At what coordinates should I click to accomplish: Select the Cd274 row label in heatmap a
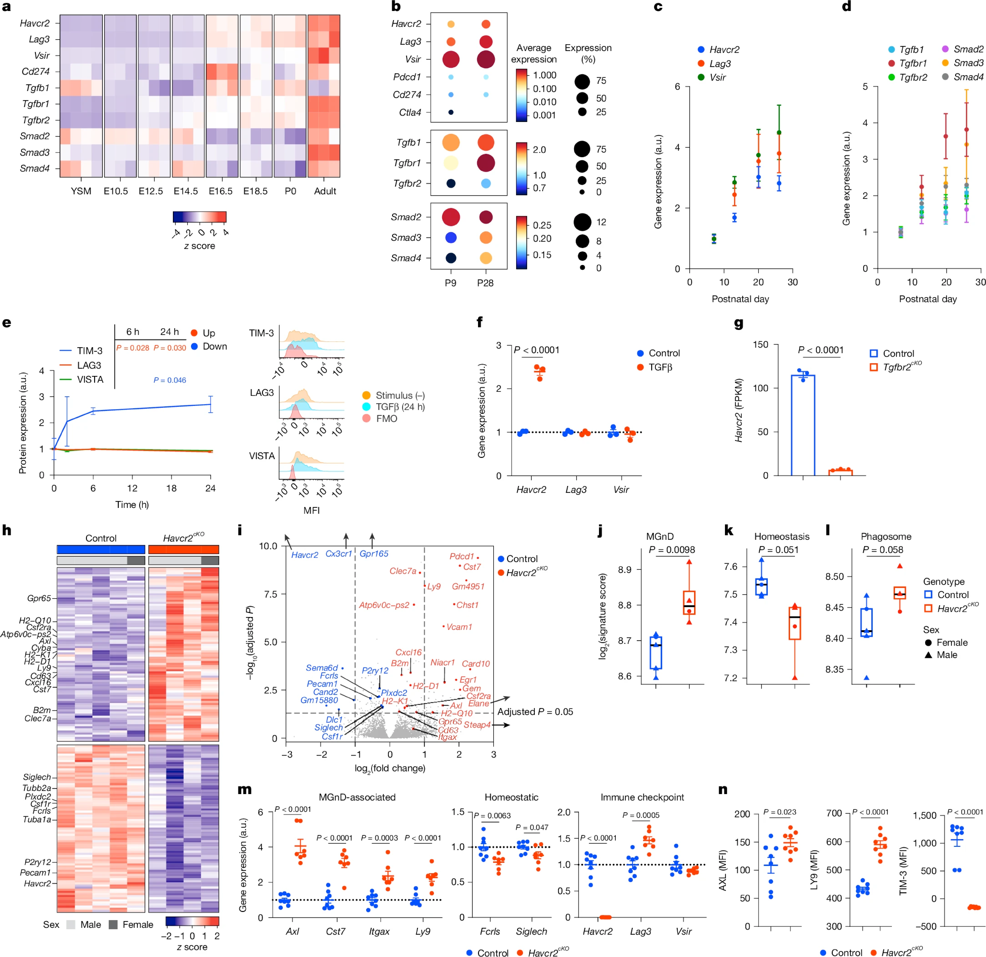[36, 71]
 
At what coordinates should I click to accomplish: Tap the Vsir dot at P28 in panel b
[485, 59]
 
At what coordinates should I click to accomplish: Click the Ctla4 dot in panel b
[451, 112]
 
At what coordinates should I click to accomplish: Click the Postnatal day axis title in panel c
[740, 299]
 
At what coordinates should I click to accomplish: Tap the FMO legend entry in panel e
[386, 418]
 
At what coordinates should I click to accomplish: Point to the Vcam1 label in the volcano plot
[459, 627]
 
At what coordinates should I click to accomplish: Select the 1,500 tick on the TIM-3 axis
[925, 816]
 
